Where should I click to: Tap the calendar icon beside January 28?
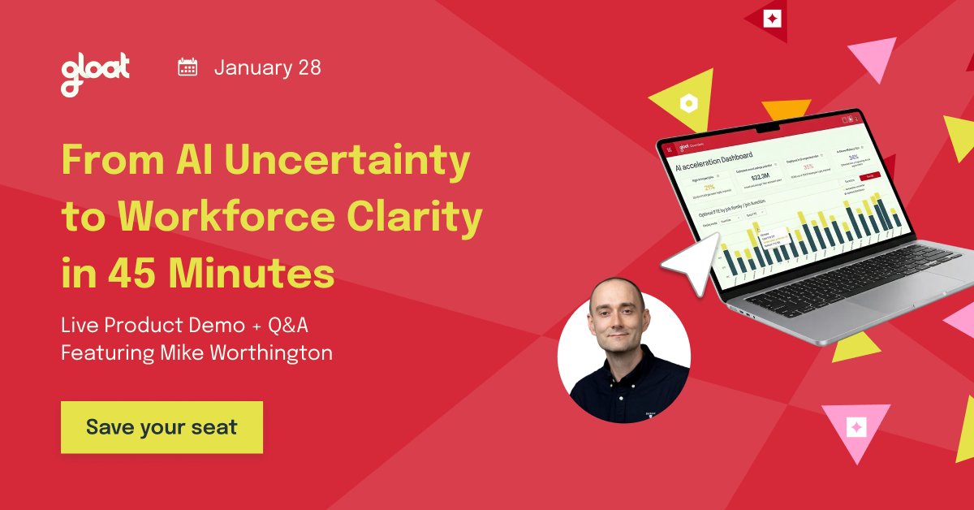pos(187,67)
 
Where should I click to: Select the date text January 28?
pos(268,67)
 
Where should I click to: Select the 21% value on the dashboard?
pos(698,188)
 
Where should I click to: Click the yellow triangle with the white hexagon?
pos(687,102)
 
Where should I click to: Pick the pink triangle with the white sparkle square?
pos(855,428)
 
